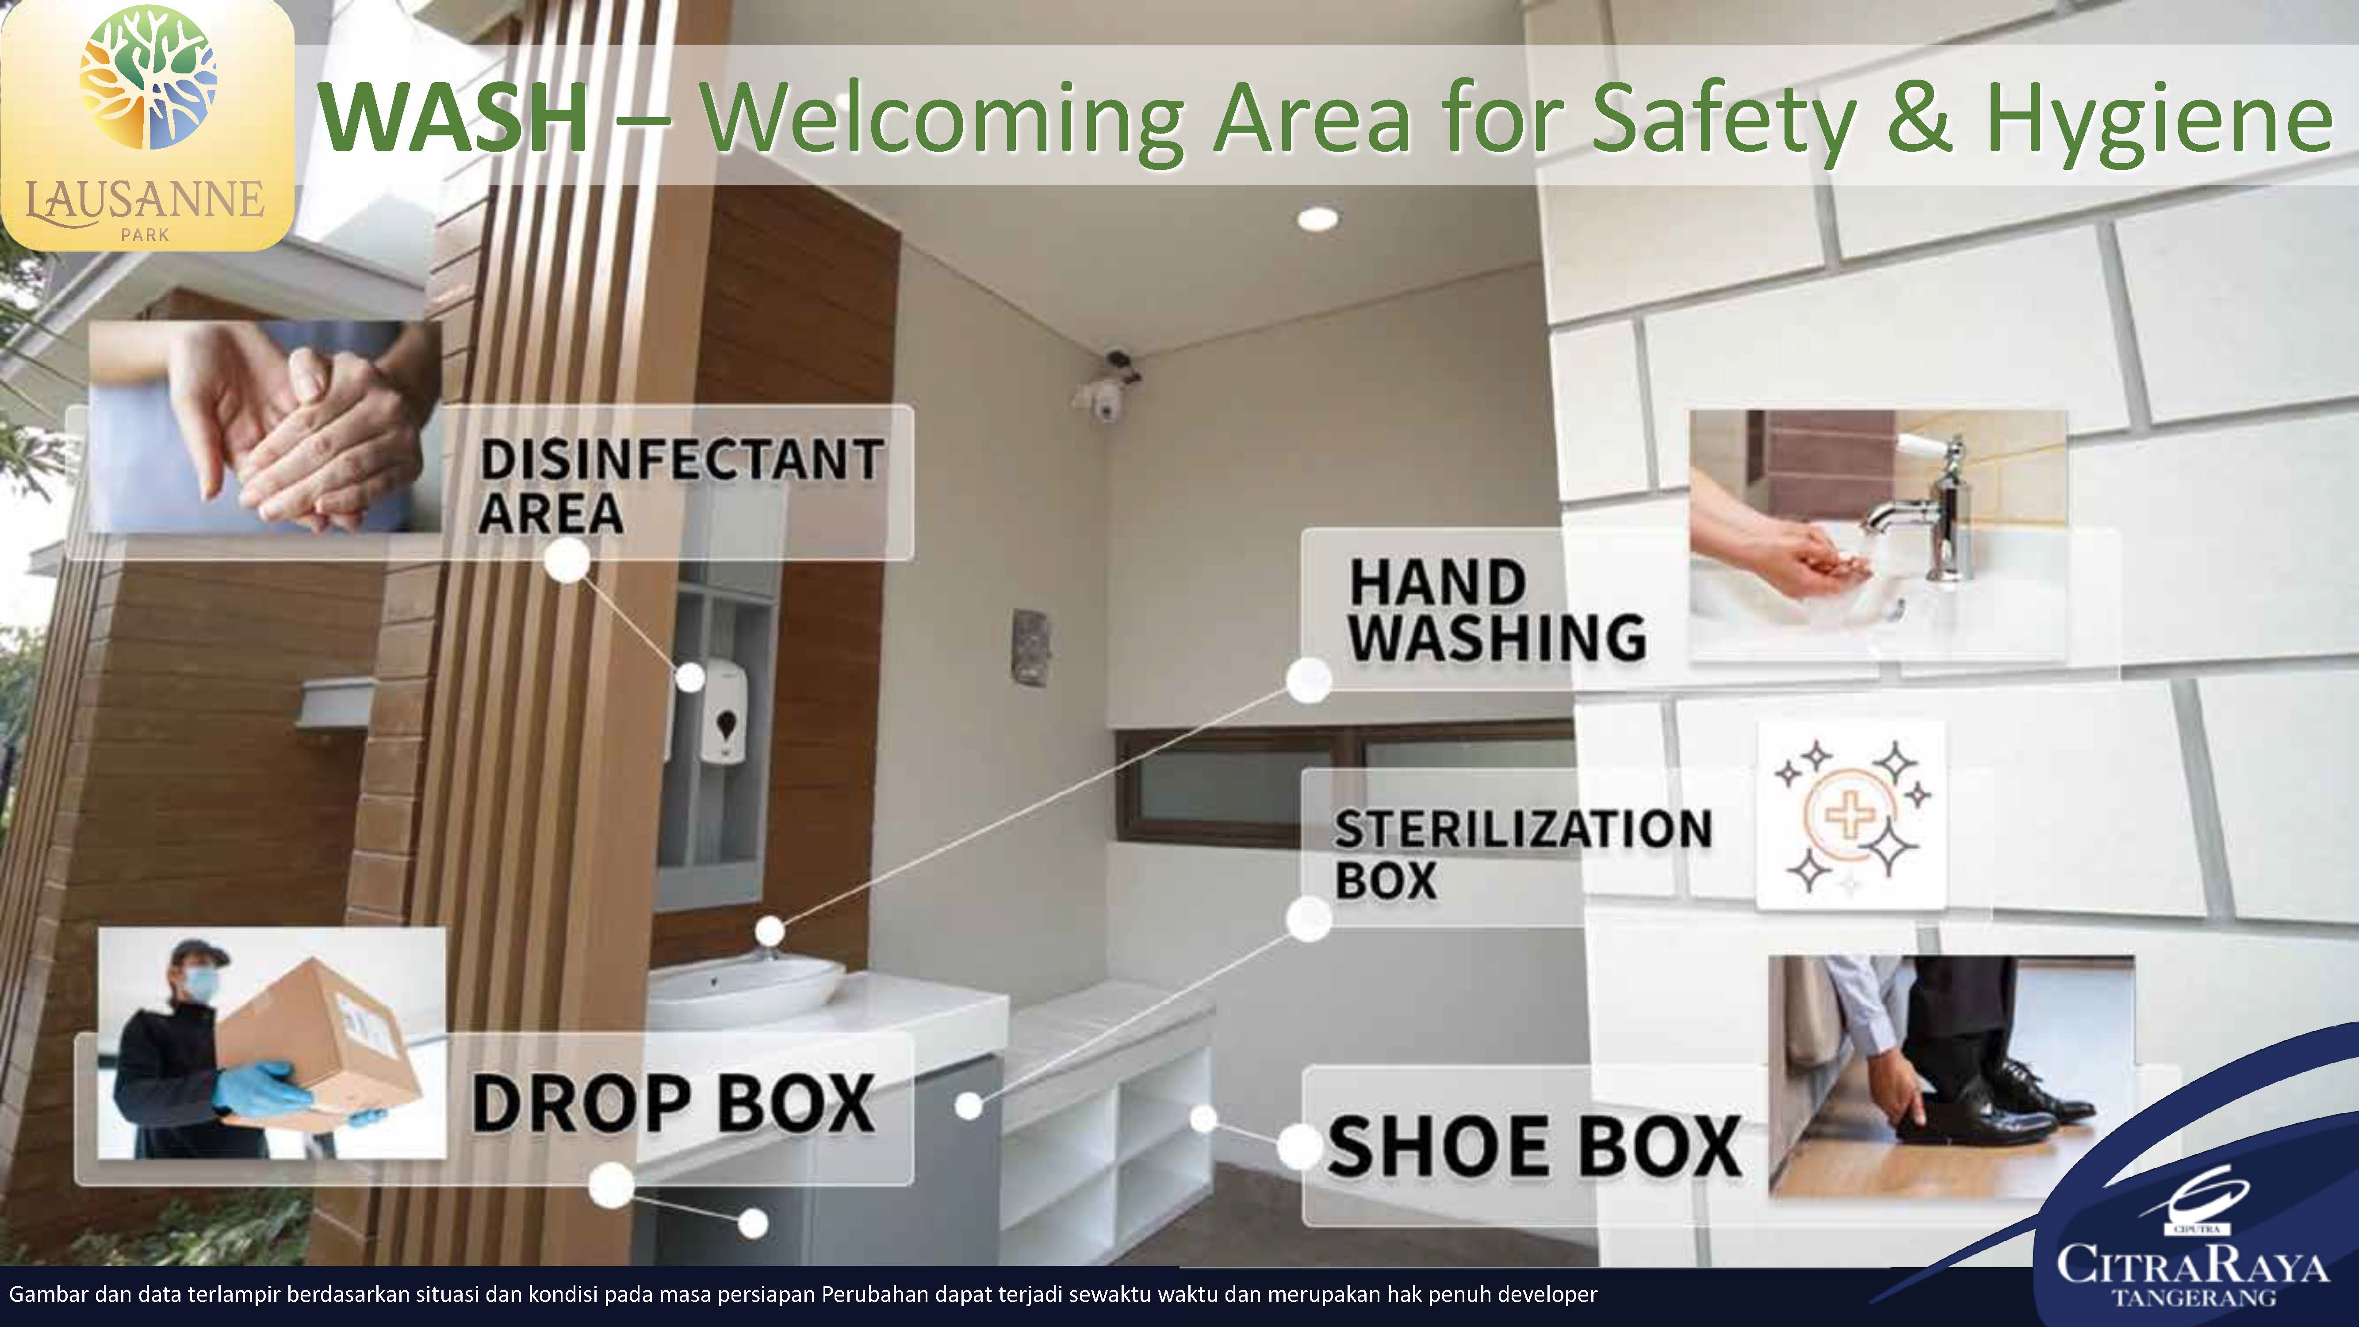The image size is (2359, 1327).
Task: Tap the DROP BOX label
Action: (673, 1104)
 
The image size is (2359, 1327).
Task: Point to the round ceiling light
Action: (1317, 218)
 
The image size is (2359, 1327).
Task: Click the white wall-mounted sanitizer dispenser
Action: (724, 710)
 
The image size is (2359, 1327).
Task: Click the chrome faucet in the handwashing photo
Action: (1932, 513)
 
